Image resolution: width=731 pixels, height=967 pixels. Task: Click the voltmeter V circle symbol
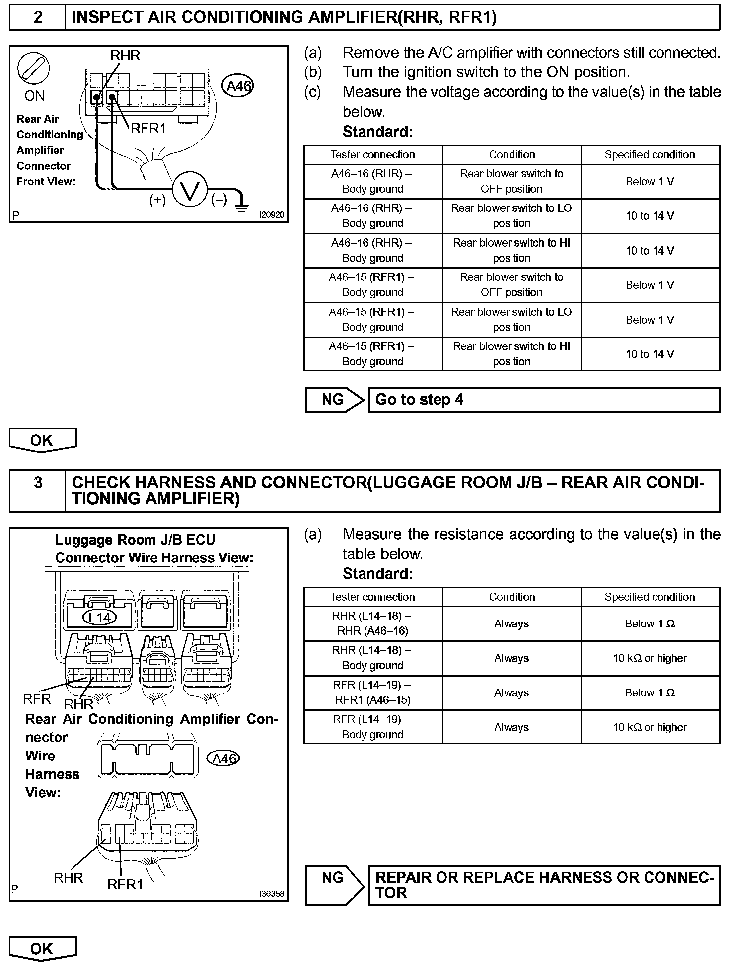click(x=189, y=190)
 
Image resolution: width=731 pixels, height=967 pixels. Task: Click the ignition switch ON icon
click(x=34, y=69)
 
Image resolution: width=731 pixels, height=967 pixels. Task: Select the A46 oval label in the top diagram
click(x=239, y=86)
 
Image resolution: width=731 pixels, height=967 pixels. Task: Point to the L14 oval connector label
click(x=99, y=617)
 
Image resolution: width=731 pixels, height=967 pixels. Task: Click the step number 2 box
click(x=38, y=18)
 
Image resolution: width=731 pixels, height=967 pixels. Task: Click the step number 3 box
click(x=38, y=490)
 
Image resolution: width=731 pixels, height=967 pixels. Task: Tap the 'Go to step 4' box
click(x=544, y=400)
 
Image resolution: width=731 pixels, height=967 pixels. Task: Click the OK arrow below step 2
click(x=43, y=440)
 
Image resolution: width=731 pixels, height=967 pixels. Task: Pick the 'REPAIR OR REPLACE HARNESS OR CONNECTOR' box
click(x=544, y=886)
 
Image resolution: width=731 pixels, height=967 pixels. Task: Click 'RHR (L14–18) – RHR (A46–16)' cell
click(x=372, y=623)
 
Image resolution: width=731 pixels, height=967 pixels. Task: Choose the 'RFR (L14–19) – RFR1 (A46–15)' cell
click(x=372, y=692)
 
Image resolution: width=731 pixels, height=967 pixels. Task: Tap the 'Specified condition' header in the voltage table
click(x=650, y=155)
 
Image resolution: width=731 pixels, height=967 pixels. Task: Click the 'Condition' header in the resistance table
click(x=512, y=597)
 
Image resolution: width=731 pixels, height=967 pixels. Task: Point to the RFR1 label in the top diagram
click(x=148, y=129)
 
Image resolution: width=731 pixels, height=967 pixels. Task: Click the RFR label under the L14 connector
click(x=37, y=699)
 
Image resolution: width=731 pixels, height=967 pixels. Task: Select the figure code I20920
click(x=272, y=215)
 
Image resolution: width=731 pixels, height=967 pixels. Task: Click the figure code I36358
click(x=272, y=894)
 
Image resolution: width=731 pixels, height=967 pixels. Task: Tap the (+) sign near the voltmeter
click(x=157, y=200)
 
